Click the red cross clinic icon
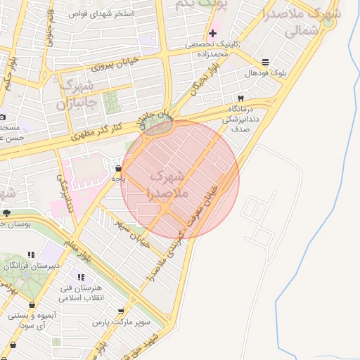[x=212, y=34]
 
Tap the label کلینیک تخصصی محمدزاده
[x=213, y=49]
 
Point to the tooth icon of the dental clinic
[x=240, y=99]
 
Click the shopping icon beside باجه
[x=117, y=168]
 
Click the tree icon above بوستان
[x=6, y=212]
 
